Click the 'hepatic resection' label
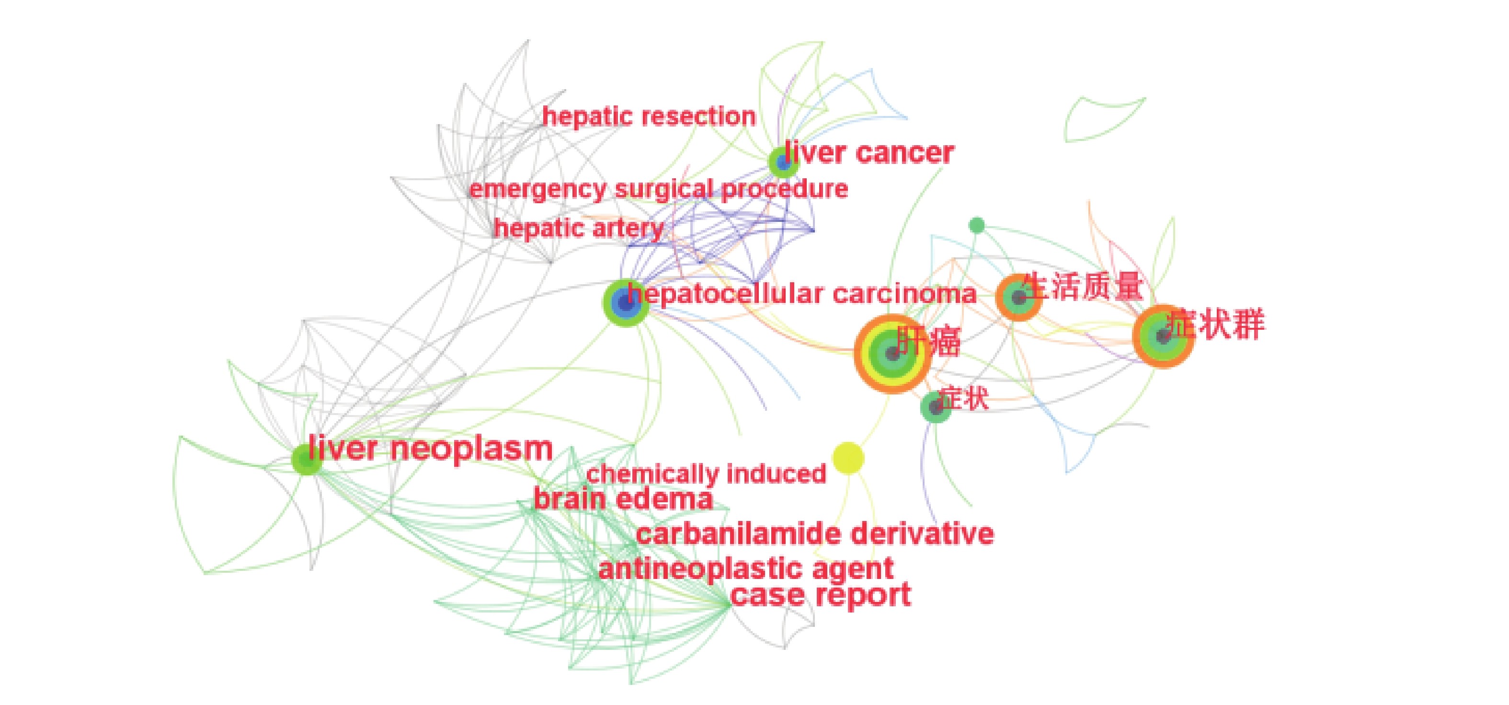[x=649, y=116]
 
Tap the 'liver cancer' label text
[x=869, y=153]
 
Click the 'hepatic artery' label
[x=578, y=228]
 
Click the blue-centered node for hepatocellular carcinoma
[x=626, y=303]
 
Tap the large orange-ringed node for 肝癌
[x=892, y=353]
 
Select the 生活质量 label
[x=1083, y=287]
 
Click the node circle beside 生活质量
[x=1018, y=298]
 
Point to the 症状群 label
[x=1215, y=324]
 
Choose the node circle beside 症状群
[x=1163, y=336]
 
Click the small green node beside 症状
[x=936, y=407]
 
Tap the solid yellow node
[x=847, y=458]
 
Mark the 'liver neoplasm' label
[x=431, y=449]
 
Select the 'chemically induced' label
[x=706, y=474]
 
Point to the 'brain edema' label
[x=623, y=499]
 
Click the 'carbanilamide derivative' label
[x=815, y=534]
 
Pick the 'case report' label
[x=821, y=595]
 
